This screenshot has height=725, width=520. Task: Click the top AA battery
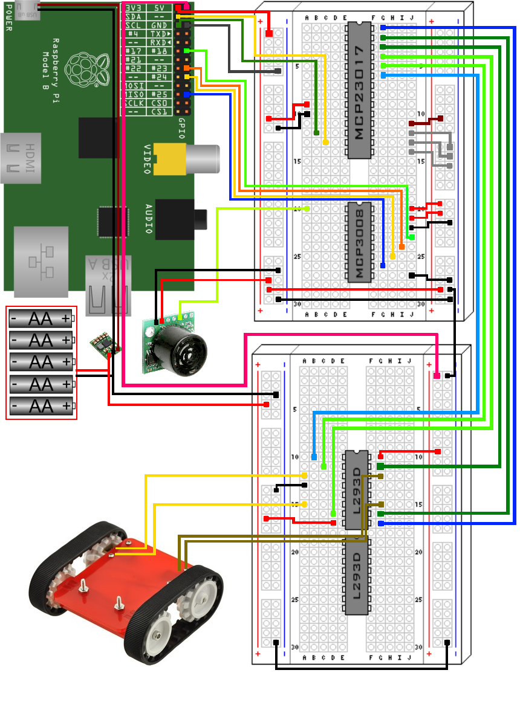click(x=41, y=318)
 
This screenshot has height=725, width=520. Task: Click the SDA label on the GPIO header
click(x=134, y=17)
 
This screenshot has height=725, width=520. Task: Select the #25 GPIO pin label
click(x=160, y=94)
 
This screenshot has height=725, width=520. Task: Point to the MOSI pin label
click(x=134, y=86)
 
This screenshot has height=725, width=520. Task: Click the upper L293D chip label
click(x=356, y=489)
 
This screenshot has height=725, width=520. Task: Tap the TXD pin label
click(x=160, y=34)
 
